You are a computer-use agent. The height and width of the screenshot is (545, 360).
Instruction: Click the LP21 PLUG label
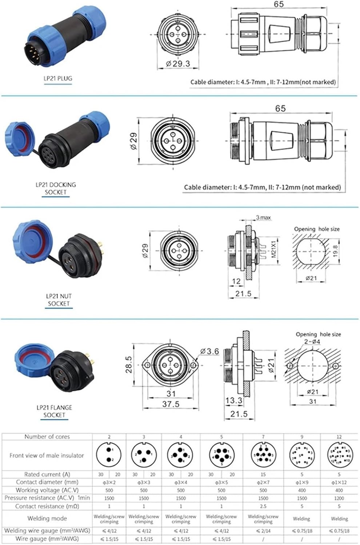click(x=58, y=78)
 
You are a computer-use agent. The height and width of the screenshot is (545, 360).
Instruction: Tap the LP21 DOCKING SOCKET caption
click(x=56, y=188)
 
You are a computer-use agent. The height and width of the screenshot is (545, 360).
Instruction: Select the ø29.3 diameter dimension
click(x=178, y=64)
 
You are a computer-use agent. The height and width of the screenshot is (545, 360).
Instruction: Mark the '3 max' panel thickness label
click(x=263, y=218)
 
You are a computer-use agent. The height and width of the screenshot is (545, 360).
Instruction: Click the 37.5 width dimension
click(x=171, y=404)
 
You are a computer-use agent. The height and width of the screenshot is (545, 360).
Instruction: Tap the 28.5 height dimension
click(x=129, y=364)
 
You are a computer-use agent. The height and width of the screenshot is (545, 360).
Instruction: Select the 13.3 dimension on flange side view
click(x=233, y=400)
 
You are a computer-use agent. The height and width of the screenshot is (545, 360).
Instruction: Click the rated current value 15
click(x=263, y=475)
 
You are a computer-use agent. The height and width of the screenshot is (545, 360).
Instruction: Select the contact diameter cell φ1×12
click(x=339, y=483)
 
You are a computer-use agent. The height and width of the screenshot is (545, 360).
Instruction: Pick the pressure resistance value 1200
click(x=339, y=498)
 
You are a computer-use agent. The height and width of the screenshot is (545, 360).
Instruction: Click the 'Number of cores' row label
click(x=47, y=437)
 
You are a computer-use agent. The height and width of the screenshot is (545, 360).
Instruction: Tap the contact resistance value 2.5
click(x=263, y=506)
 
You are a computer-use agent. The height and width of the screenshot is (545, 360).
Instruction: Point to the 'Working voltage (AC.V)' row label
click(x=47, y=490)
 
